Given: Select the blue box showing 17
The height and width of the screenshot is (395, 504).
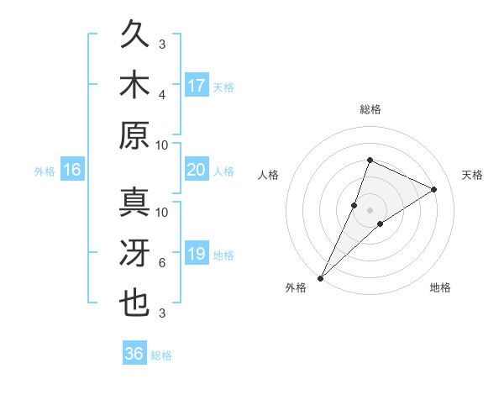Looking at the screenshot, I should point(197,86).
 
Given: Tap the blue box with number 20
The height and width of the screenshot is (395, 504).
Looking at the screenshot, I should point(197,170).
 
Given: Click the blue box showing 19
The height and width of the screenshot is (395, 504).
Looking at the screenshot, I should point(197,254).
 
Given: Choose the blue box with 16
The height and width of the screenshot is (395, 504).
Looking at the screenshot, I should point(71,171).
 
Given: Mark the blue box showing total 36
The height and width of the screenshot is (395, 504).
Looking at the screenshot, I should point(134,354).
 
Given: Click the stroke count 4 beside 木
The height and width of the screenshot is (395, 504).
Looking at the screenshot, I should point(162,94).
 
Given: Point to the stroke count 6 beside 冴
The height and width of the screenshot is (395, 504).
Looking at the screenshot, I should point(162,264).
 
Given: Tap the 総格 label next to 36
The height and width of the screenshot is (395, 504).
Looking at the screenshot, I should point(161,355).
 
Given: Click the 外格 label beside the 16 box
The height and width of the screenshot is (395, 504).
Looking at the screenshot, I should point(45,171).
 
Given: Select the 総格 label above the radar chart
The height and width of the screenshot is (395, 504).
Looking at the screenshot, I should point(370,110).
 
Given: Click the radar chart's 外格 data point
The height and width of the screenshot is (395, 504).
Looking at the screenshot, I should point(320,277).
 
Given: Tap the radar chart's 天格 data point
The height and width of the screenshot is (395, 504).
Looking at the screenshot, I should point(433,189).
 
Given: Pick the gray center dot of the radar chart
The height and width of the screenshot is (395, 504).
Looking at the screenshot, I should point(370,210).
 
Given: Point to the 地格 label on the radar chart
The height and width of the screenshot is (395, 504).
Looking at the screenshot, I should point(440,288).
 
